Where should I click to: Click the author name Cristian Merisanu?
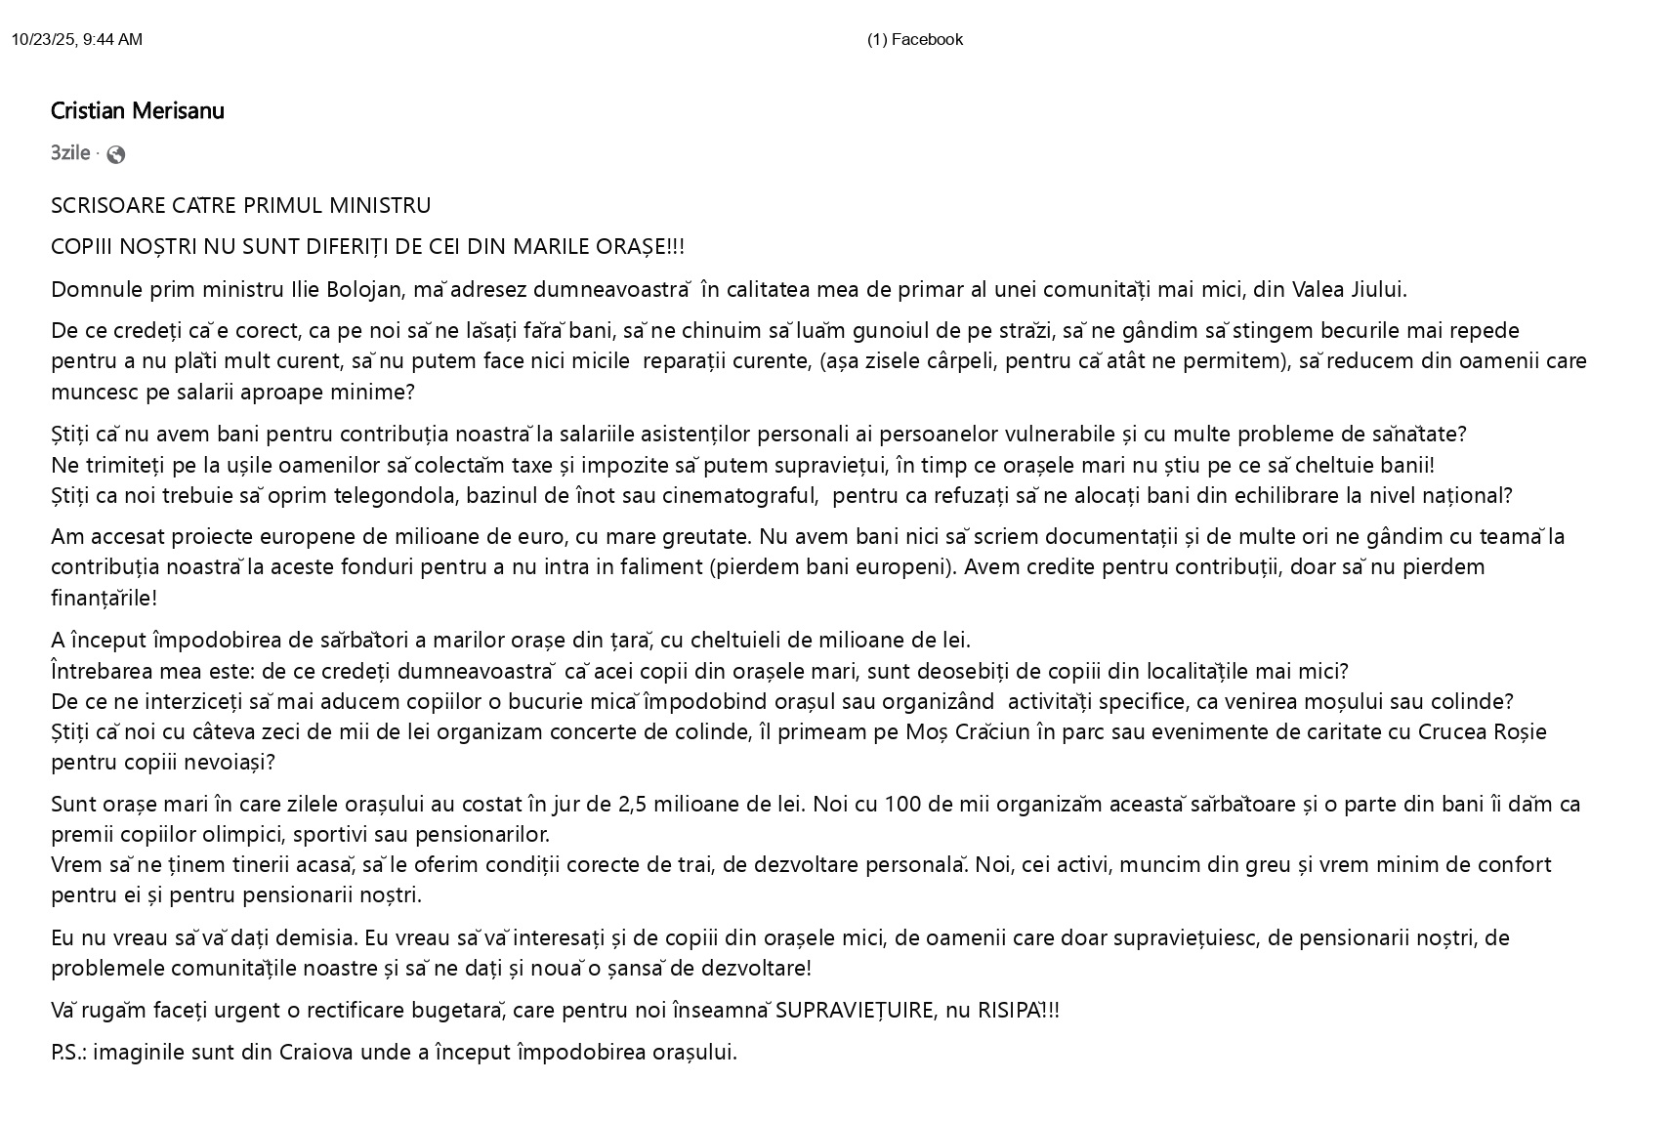pyautogui.click(x=138, y=111)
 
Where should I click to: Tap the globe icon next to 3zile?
pyautogui.click(x=116, y=154)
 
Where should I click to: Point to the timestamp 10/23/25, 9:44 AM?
pyautogui.click(x=77, y=40)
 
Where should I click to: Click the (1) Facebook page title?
pyautogui.click(x=914, y=40)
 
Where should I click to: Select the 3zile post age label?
pyautogui.click(x=70, y=153)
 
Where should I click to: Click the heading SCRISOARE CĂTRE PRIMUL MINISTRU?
pyautogui.click(x=240, y=206)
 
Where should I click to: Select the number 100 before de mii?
pyautogui.click(x=902, y=805)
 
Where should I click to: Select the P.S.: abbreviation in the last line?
pyautogui.click(x=68, y=1053)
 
